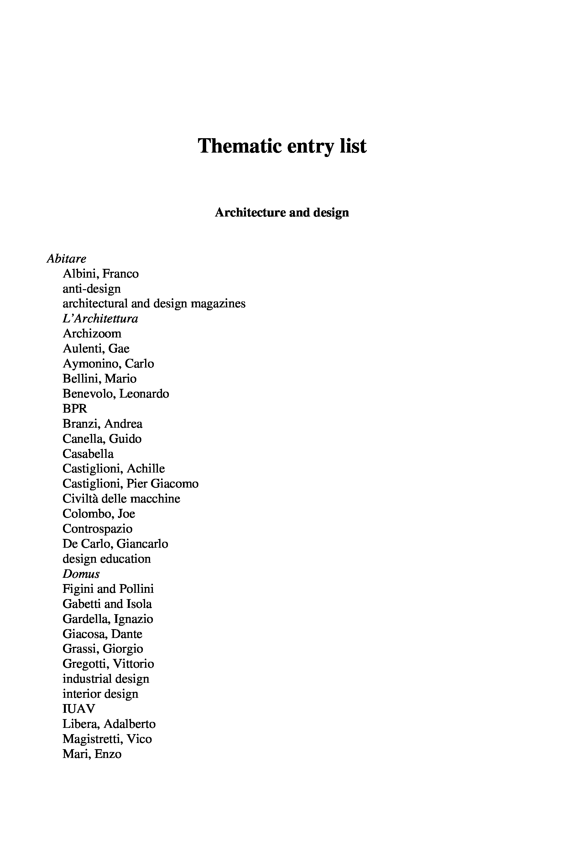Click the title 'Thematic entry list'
282,146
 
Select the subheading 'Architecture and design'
282,212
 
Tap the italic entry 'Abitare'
66,258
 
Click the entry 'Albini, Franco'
100,274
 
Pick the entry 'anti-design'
91,289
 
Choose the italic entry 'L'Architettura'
100,319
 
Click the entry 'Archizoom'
92,334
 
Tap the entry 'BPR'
75,409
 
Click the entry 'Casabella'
88,454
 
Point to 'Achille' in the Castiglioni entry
146,469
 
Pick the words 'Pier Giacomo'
162,484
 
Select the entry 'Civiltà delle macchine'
121,499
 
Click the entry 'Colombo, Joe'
99,514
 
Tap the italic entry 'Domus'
81,574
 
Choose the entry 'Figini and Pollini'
108,589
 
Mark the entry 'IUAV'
78,708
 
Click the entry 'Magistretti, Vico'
107,739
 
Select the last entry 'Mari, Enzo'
92,754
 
